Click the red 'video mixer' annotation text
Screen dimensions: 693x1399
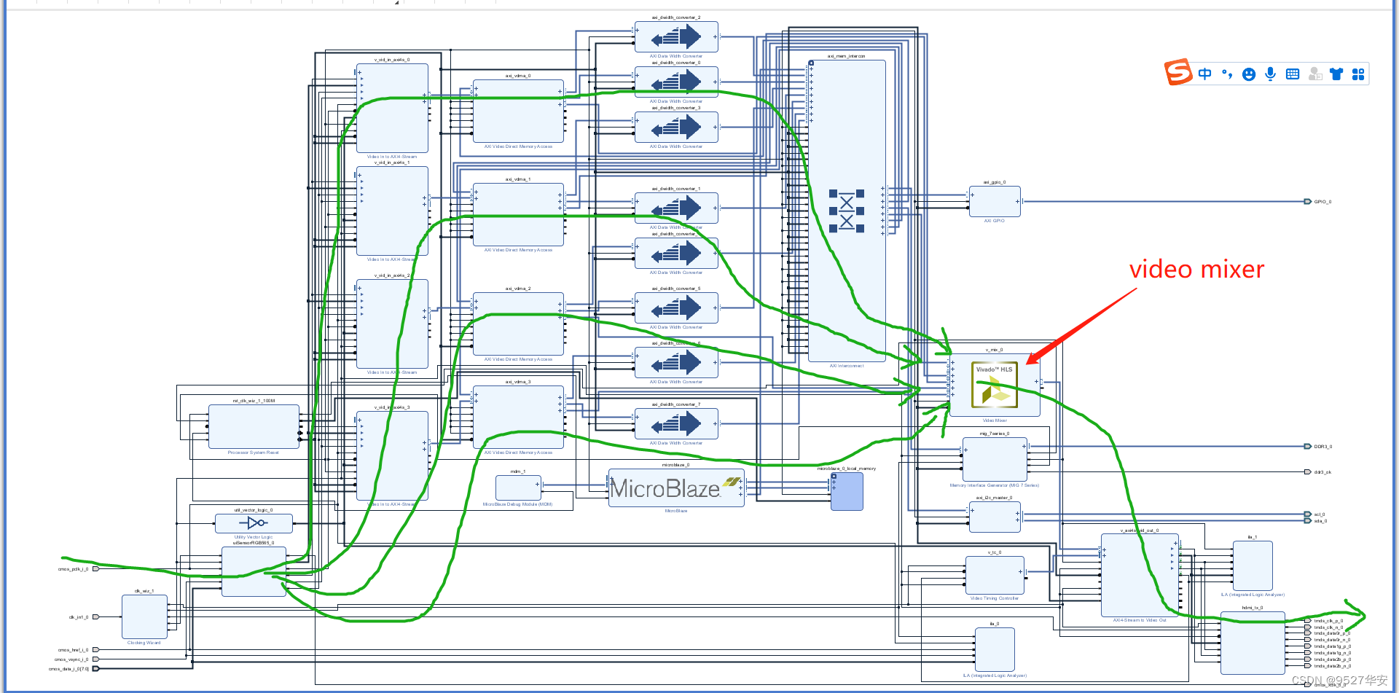(1196, 270)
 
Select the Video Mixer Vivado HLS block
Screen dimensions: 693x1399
(995, 385)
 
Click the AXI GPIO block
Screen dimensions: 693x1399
(995, 202)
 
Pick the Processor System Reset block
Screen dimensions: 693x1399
(254, 426)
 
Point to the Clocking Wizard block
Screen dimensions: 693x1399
(144, 616)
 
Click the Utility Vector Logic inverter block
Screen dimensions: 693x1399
(254, 523)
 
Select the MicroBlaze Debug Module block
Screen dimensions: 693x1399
(517, 487)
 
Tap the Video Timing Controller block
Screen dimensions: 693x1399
(995, 575)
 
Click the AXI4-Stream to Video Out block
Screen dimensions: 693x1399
(1139, 575)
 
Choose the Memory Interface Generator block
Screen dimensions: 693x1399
(995, 459)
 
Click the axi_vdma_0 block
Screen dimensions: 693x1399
(518, 111)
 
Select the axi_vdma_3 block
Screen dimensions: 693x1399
(518, 417)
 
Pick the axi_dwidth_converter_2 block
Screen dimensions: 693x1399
(676, 36)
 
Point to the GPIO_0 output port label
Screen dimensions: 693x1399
(1322, 202)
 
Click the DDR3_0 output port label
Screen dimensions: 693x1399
(1322, 447)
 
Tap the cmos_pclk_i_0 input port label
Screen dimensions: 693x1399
(73, 569)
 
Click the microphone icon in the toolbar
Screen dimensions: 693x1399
(1271, 74)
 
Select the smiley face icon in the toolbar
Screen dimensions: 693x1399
(1249, 74)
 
